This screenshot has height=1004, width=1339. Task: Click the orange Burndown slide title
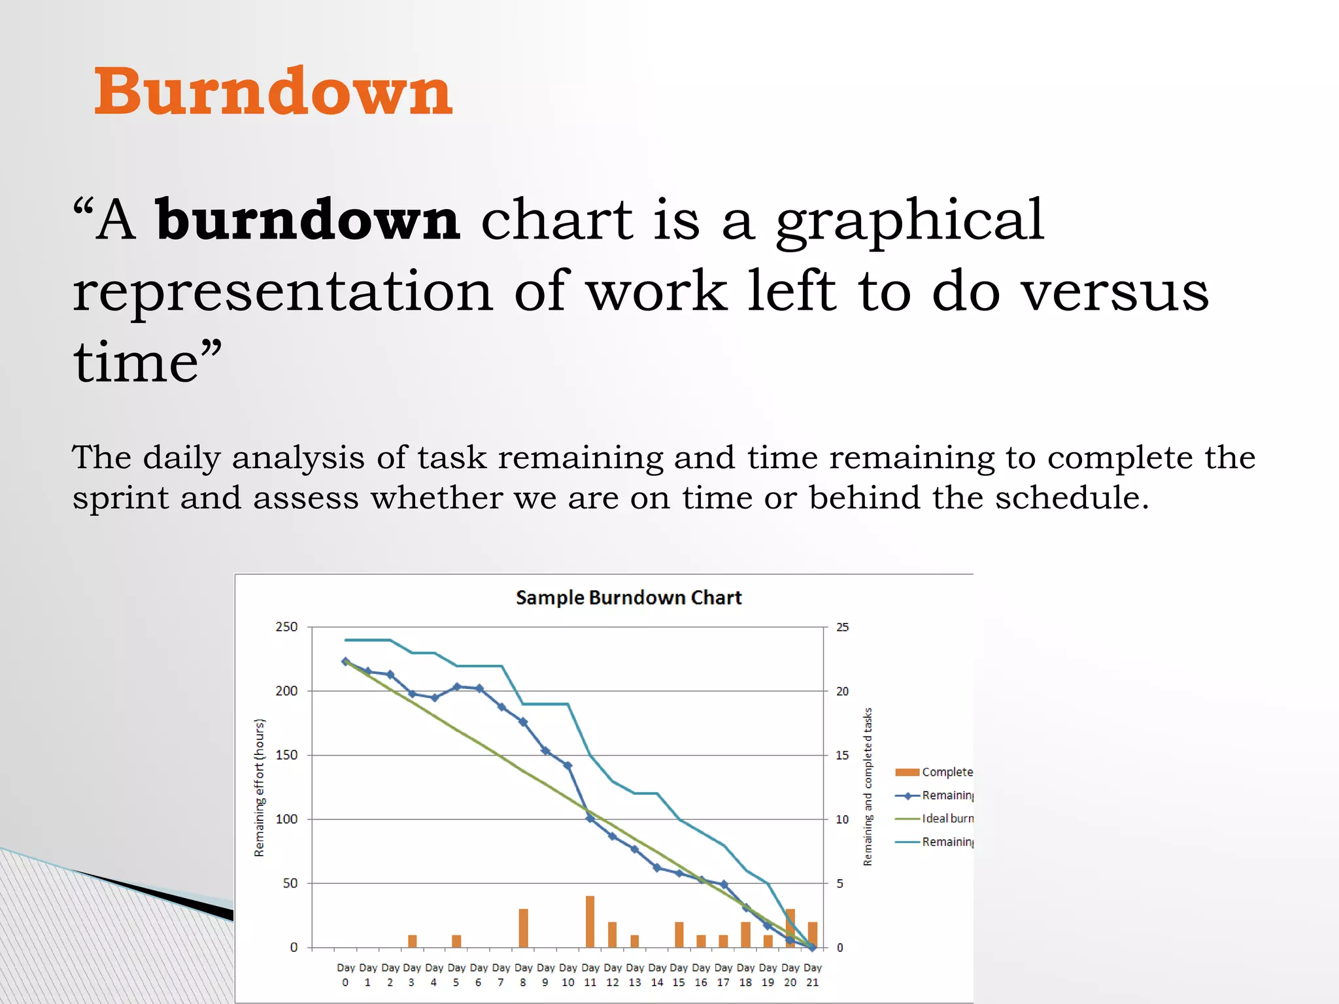(273, 92)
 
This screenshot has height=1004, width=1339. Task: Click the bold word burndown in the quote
(307, 221)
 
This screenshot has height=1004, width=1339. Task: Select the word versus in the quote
(1115, 292)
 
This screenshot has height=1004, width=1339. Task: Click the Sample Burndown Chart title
(628, 597)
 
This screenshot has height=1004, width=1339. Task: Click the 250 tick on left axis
(286, 627)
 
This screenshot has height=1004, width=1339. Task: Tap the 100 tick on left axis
(286, 819)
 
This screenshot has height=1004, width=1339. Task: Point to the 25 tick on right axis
(842, 627)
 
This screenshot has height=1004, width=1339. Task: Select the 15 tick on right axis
(842, 755)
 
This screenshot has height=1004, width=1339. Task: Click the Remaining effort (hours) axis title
(260, 788)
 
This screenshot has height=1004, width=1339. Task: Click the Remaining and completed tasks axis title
(868, 786)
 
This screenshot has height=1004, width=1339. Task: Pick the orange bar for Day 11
(590, 922)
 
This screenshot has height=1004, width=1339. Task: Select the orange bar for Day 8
(523, 928)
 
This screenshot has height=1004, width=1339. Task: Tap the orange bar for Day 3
(412, 941)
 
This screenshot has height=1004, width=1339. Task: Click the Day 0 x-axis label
(345, 975)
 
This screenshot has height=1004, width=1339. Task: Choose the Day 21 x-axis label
(812, 975)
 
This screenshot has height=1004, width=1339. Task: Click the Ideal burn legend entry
(947, 818)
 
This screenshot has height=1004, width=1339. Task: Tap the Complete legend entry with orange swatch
(946, 772)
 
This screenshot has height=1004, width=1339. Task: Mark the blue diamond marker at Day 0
(345, 661)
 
